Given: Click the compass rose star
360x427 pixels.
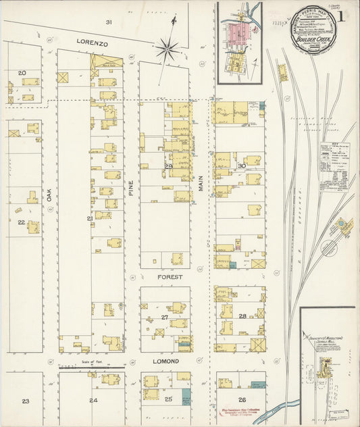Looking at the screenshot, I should [x=167, y=48].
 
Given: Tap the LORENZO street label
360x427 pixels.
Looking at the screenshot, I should [x=92, y=42].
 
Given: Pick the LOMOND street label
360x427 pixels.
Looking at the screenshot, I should [x=165, y=361].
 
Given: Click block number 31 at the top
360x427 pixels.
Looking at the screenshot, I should [x=109, y=22].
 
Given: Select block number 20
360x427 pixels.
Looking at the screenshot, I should [x=22, y=72].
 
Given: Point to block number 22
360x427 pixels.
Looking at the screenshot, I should [x=21, y=222].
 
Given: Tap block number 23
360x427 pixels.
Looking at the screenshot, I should [x=25, y=401].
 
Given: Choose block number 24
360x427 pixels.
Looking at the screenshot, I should [x=93, y=401].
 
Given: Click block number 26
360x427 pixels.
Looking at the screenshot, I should [x=241, y=399].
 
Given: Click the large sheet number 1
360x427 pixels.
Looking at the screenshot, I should [x=346, y=14].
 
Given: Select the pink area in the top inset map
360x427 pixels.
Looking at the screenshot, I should [x=237, y=34].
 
